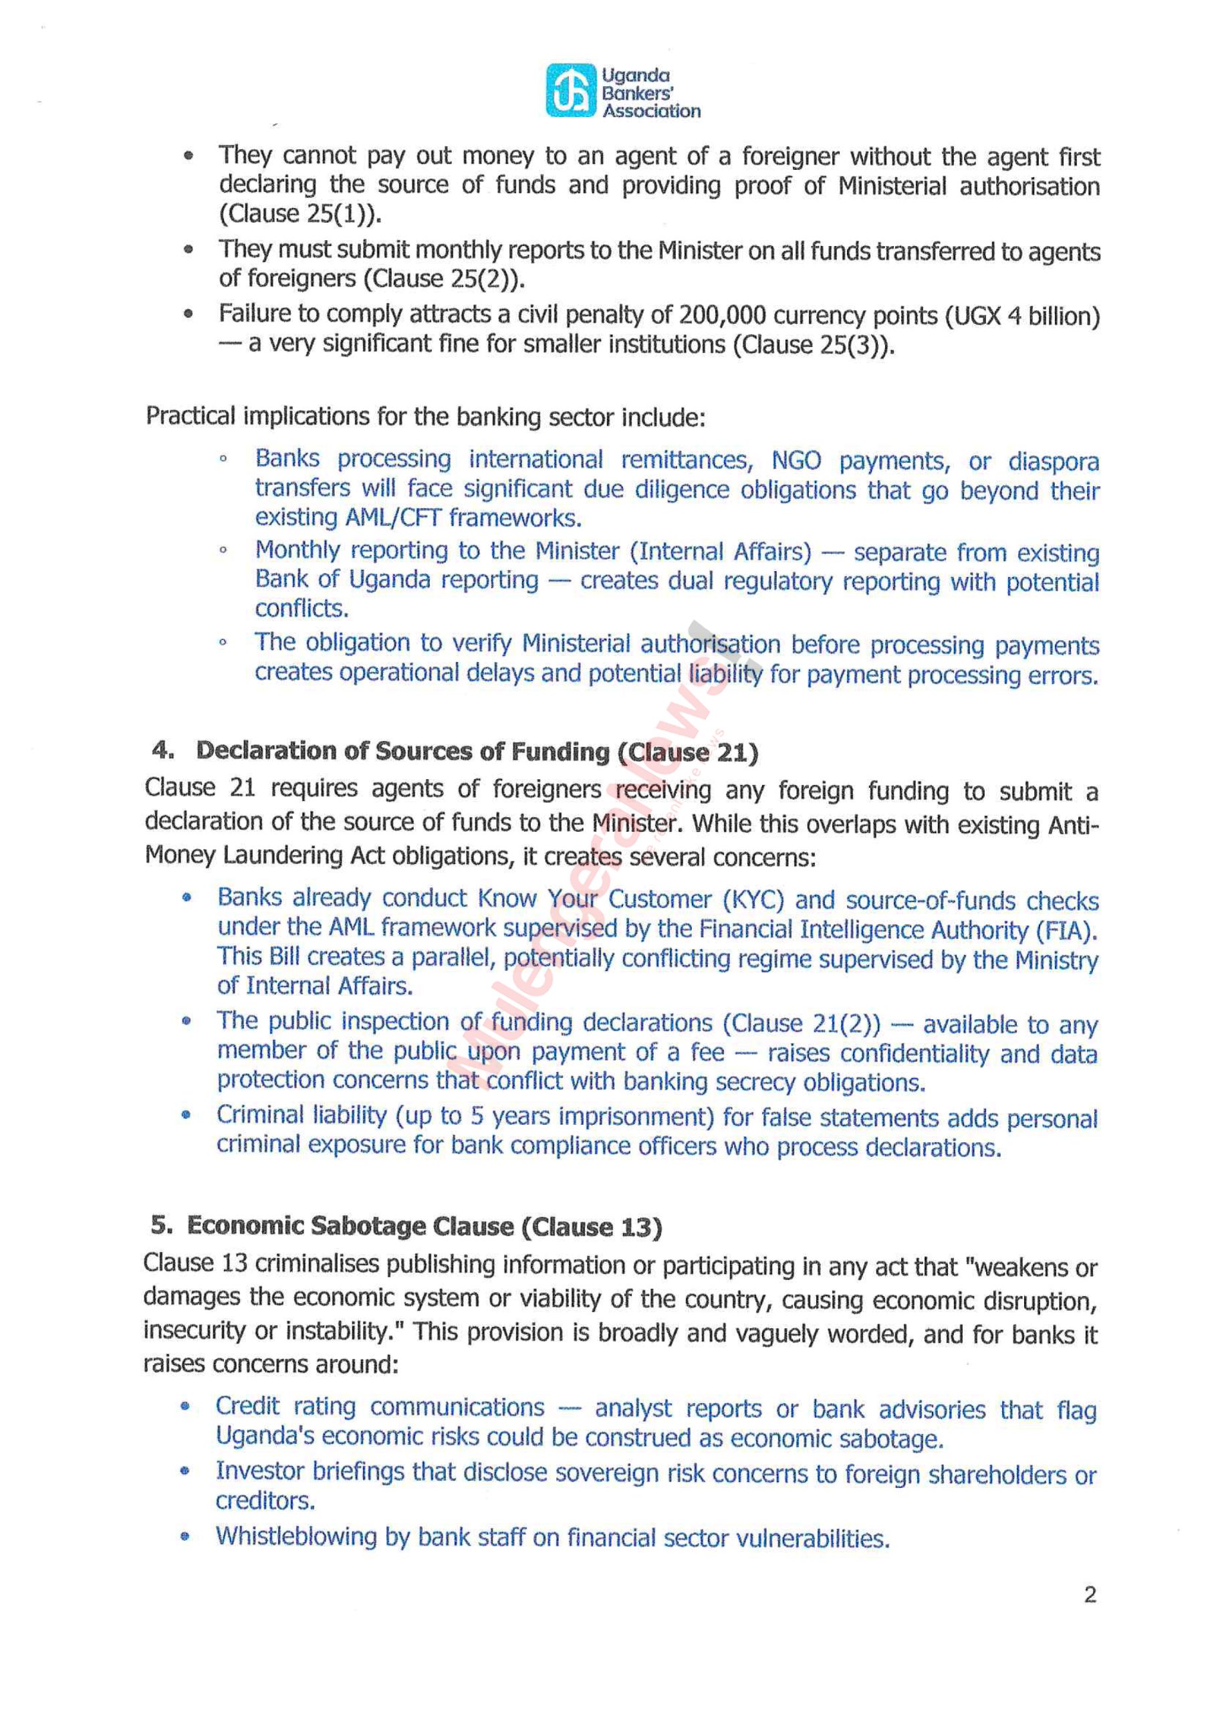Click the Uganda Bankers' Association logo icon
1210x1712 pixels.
[571, 91]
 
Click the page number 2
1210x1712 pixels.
[1090, 1595]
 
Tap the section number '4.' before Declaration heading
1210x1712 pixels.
[162, 750]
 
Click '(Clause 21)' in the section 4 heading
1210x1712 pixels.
[688, 752]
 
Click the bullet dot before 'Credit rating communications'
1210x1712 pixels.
[186, 1407]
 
